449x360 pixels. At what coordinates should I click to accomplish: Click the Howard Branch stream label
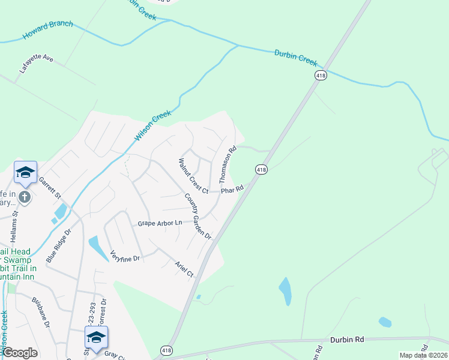(48, 31)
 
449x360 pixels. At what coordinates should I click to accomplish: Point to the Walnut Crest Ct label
(192, 176)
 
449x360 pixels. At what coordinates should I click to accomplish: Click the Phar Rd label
(231, 190)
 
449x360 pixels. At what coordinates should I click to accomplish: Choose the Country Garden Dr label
(198, 216)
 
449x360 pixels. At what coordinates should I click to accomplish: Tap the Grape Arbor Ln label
(160, 223)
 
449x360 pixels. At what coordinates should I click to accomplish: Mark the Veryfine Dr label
(125, 256)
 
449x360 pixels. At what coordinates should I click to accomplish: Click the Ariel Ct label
(184, 269)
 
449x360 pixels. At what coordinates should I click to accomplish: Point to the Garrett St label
(50, 188)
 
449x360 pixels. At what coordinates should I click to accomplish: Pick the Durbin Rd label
(347, 340)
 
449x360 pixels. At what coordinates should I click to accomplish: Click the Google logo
(20, 353)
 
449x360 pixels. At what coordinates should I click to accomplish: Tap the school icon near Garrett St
(25, 173)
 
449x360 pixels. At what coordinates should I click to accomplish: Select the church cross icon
(25, 197)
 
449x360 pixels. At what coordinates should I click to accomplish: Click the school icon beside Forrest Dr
(96, 338)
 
